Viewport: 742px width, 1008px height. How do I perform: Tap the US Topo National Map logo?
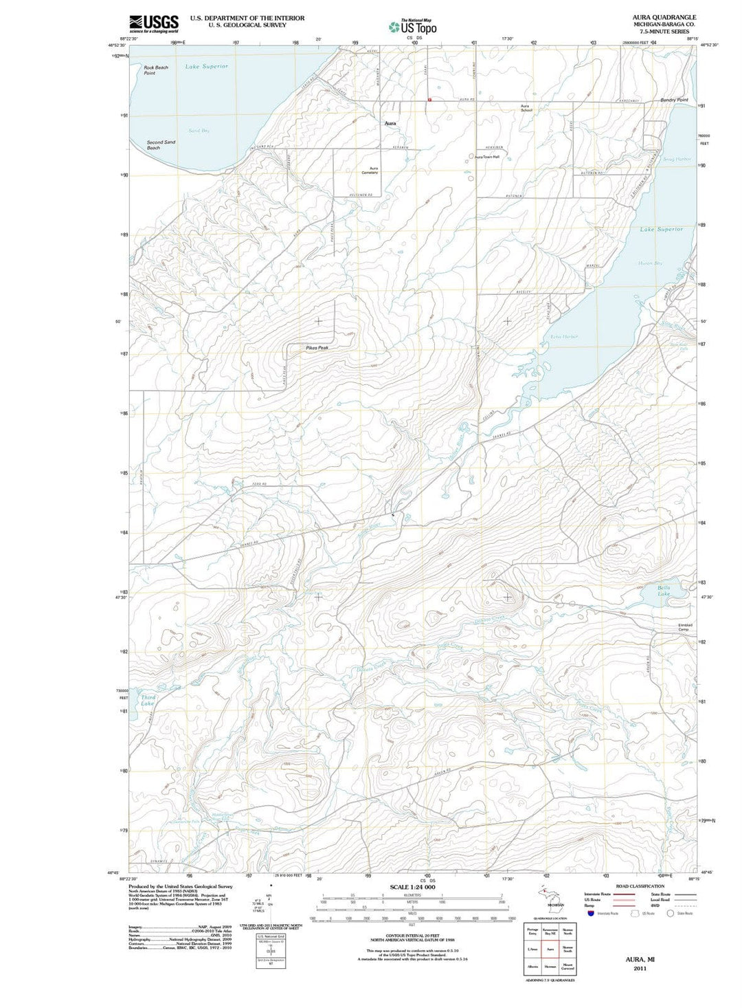tap(413, 26)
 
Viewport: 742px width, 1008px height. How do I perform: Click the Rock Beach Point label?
tap(156, 70)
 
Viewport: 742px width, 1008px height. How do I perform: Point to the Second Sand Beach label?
tap(161, 145)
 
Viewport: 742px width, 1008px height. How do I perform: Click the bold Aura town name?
tap(390, 123)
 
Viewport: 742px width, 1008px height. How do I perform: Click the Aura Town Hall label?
tap(487, 157)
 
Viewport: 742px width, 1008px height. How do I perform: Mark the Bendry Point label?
tap(674, 100)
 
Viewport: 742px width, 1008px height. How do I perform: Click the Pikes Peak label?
tap(317, 348)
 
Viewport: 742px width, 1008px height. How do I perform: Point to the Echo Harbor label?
tap(564, 337)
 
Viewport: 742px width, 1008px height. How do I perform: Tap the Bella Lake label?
tap(663, 591)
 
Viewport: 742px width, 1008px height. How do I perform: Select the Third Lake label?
tap(148, 701)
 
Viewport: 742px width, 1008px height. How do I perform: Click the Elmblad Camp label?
tap(685, 628)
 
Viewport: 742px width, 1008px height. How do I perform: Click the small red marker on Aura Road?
tap(429, 99)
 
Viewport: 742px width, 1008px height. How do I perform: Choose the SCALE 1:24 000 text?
tap(412, 887)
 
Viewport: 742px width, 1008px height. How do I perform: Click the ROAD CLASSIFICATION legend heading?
tap(640, 886)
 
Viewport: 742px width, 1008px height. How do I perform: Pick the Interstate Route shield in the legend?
tap(590, 913)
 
